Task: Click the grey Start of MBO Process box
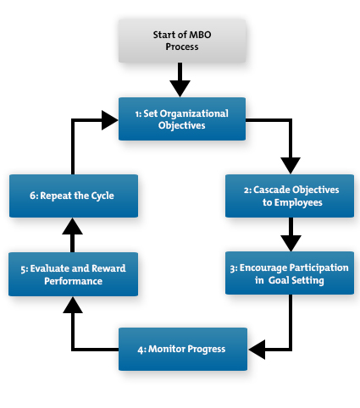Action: point(180,40)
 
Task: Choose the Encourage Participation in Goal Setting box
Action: point(289,273)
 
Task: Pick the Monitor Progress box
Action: point(182,349)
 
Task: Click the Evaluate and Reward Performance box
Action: point(73,273)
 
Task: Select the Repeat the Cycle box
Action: point(73,196)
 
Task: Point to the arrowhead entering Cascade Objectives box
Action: point(290,164)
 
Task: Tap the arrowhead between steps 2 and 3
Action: point(290,240)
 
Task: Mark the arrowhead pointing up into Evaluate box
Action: point(74,306)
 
